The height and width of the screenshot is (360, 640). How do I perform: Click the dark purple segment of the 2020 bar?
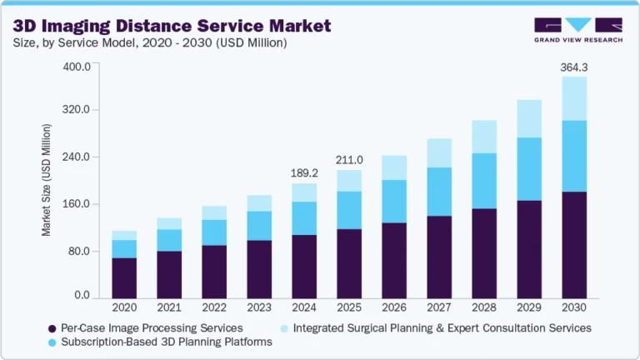click(124, 278)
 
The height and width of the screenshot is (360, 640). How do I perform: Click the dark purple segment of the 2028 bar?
click(484, 253)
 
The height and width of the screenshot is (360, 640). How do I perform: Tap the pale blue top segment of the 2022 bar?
click(214, 212)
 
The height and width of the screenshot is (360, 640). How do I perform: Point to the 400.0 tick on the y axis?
click(77, 67)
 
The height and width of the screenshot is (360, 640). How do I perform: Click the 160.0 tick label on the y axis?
click(77, 204)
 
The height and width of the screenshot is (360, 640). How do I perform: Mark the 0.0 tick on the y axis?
click(82, 296)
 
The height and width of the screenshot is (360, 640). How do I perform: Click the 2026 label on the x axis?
click(394, 308)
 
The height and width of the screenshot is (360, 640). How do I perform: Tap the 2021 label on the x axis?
click(169, 308)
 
